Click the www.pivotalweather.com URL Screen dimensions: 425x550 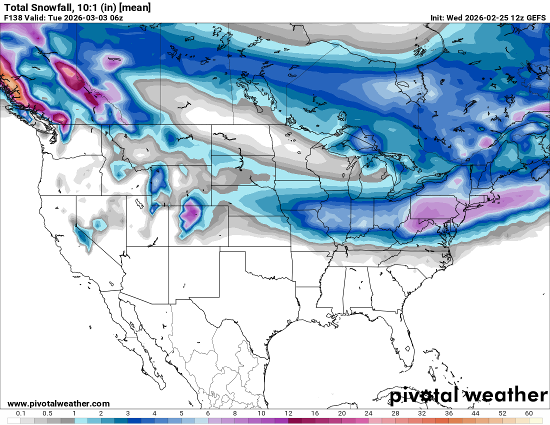pyautogui.click(x=58, y=403)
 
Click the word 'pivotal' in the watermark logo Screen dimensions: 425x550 pyautogui.click(x=424, y=395)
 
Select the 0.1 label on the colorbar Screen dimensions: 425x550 pyautogui.click(x=21, y=413)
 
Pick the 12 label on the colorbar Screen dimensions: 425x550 pyautogui.click(x=288, y=413)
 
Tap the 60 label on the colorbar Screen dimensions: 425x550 pyautogui.click(x=529, y=413)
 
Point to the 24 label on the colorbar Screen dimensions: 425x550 pyautogui.click(x=368, y=413)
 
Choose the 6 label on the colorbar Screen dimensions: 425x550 pyautogui.click(x=208, y=413)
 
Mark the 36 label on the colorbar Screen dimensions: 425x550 pyautogui.click(x=449, y=413)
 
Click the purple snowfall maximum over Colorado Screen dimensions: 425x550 pyautogui.click(x=190, y=212)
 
